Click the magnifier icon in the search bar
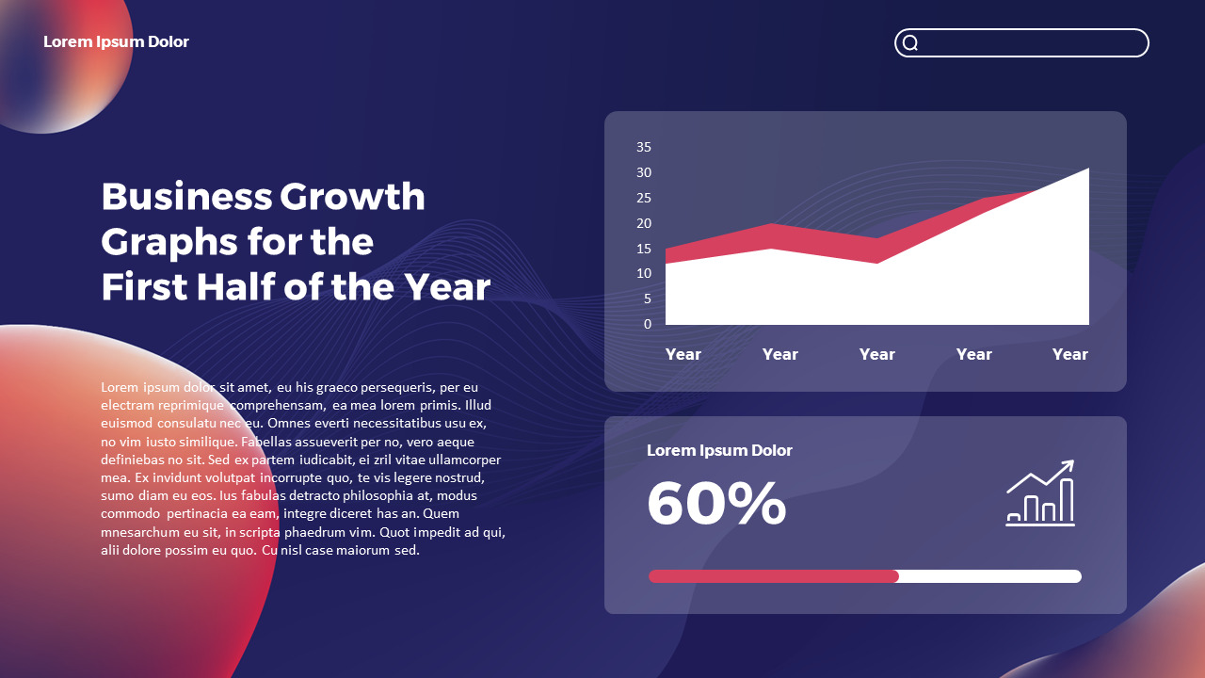(x=910, y=42)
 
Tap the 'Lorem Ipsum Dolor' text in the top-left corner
(x=116, y=41)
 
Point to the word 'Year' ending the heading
(x=448, y=287)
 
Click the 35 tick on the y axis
(x=644, y=147)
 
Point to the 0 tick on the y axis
(x=648, y=324)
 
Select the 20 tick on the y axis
(x=644, y=223)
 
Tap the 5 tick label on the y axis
(x=648, y=299)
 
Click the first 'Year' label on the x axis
(x=683, y=354)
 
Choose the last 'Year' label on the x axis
(x=1069, y=354)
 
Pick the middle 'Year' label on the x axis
(x=876, y=354)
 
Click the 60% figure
(x=716, y=504)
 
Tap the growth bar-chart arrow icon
(x=1040, y=492)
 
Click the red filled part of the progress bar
(x=773, y=576)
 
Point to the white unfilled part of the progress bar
(x=989, y=576)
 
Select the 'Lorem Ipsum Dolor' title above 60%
(x=719, y=450)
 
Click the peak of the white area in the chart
(x=1087, y=170)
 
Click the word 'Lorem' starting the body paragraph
(x=120, y=387)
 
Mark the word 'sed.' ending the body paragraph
(x=407, y=551)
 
